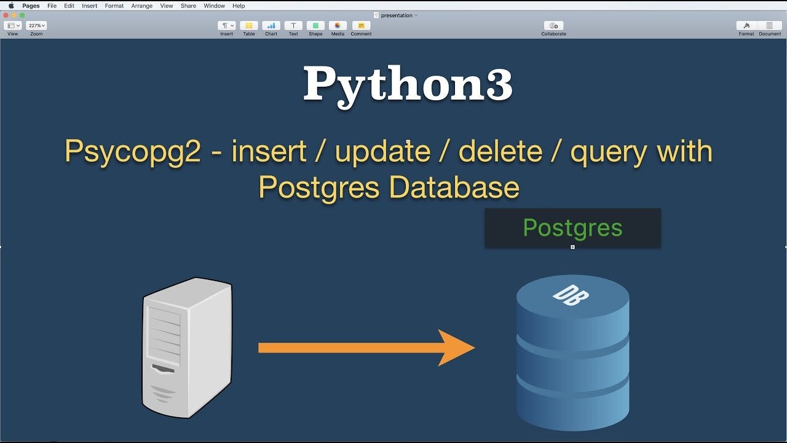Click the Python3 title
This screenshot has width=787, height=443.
click(408, 85)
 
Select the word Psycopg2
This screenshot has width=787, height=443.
click(133, 151)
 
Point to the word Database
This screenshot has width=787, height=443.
click(454, 187)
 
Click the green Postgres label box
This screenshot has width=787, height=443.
click(572, 228)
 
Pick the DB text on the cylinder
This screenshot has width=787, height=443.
click(571, 295)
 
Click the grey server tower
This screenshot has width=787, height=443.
click(187, 347)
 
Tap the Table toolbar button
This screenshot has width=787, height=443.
click(249, 26)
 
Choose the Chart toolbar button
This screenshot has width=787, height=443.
click(271, 26)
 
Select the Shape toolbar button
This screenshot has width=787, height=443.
click(315, 26)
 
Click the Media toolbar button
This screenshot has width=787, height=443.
click(338, 26)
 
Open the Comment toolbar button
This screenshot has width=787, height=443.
click(361, 26)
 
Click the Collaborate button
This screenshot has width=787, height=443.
click(553, 26)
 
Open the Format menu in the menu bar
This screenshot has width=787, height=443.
click(114, 6)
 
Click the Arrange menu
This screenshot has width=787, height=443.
click(141, 6)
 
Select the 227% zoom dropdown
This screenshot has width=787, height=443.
click(36, 26)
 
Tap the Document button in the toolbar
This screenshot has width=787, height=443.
click(769, 26)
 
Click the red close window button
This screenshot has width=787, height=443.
click(6, 15)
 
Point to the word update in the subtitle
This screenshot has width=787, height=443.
click(382, 151)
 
